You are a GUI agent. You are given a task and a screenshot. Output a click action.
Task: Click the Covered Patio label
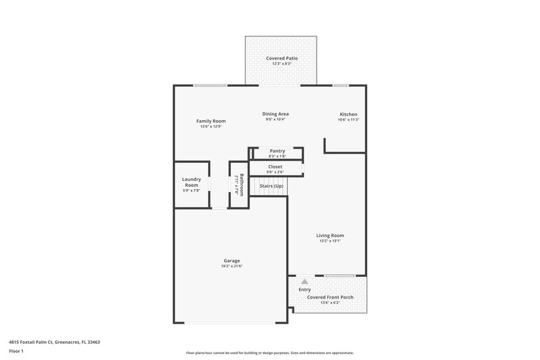coord(281,59)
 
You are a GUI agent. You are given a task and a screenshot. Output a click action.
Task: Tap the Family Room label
coord(211,121)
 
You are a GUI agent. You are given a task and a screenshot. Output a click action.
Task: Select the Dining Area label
coord(275,114)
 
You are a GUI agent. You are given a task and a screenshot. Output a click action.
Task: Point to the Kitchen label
coord(348,115)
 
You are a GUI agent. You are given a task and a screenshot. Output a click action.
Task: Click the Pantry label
coord(277,151)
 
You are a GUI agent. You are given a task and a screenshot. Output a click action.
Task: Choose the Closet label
coord(275,166)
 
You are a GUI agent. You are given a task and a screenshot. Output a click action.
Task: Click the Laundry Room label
coord(191,182)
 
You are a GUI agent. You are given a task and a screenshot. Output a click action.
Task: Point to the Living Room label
coord(330,236)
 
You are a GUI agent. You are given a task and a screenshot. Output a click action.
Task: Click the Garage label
coord(232,261)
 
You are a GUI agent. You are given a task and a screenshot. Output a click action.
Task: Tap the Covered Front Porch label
coord(329,297)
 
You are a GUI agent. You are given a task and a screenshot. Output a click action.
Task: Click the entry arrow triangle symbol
coord(304,281)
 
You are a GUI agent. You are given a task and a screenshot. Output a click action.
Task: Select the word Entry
coord(304,289)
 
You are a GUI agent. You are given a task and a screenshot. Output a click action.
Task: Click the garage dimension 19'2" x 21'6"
coord(232,266)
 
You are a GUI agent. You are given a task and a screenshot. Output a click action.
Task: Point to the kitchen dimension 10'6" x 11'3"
coord(348,120)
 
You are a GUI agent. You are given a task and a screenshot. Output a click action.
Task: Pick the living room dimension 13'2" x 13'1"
coord(330,241)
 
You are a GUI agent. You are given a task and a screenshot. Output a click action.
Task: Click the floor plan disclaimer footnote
coord(270,353)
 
